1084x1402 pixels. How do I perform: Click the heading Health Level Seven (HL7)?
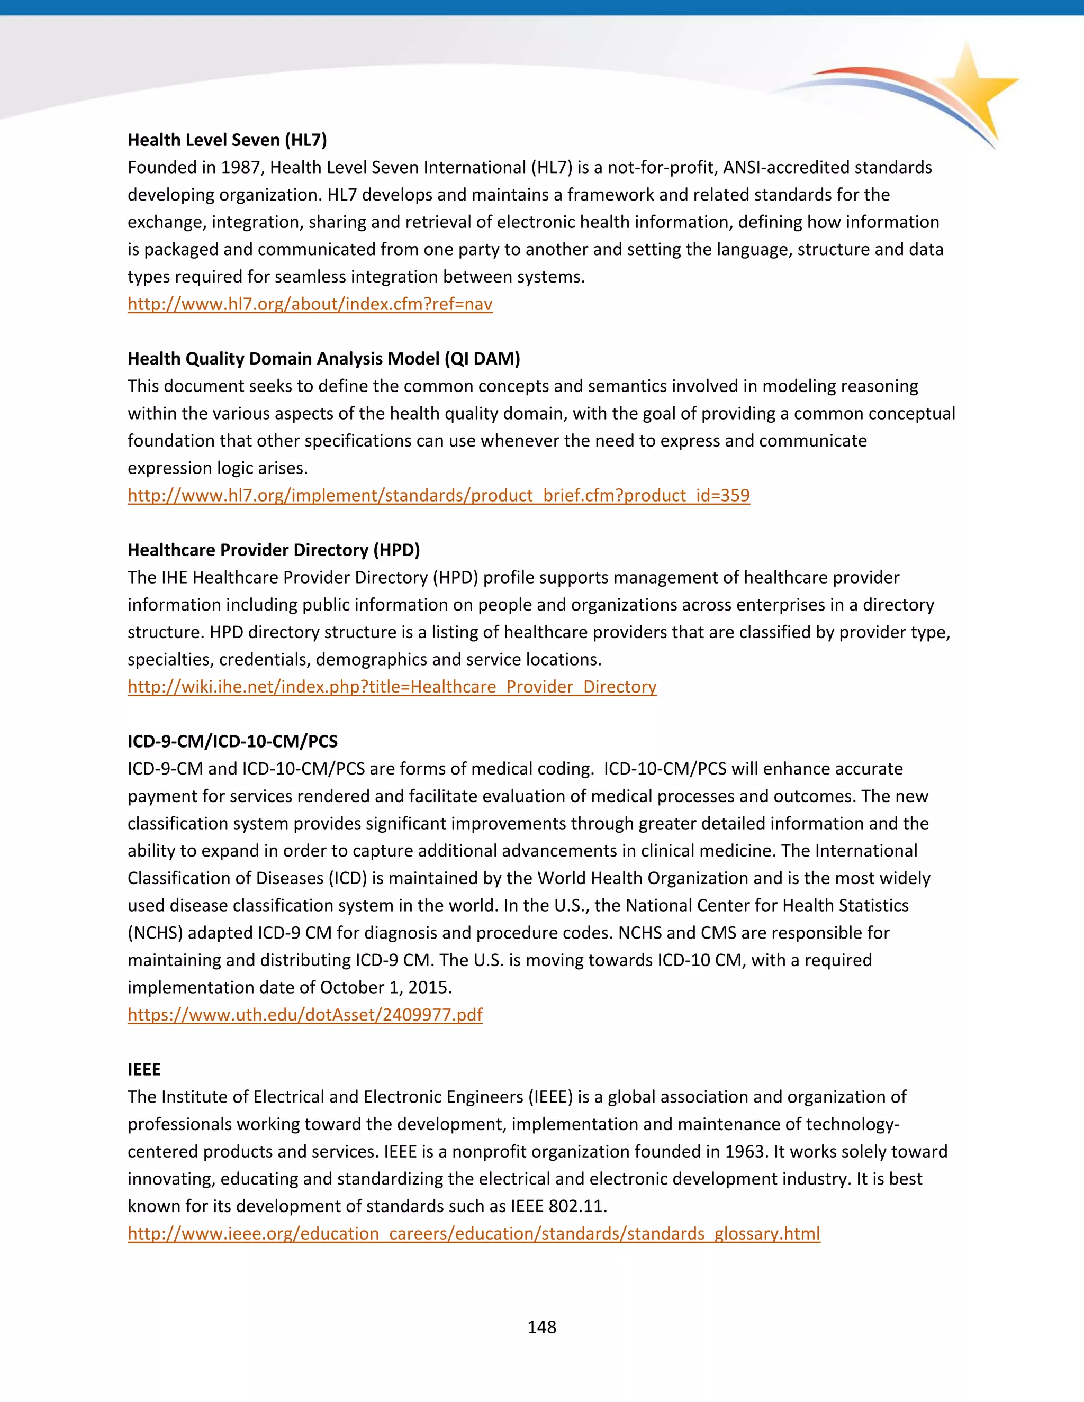tap(227, 140)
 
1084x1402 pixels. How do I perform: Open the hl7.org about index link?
tap(310, 304)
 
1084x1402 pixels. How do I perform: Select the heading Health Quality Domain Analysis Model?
tap(323, 358)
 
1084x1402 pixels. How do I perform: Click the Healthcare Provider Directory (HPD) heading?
tap(274, 550)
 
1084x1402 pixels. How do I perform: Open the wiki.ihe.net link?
tap(392, 686)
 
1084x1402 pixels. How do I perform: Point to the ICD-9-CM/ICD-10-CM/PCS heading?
tap(232, 741)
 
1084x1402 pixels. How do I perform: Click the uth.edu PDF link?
tap(305, 1014)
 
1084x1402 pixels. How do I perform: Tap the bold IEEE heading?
tap(144, 1069)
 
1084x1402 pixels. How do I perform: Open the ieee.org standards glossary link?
tap(474, 1233)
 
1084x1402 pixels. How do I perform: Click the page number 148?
tap(541, 1327)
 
